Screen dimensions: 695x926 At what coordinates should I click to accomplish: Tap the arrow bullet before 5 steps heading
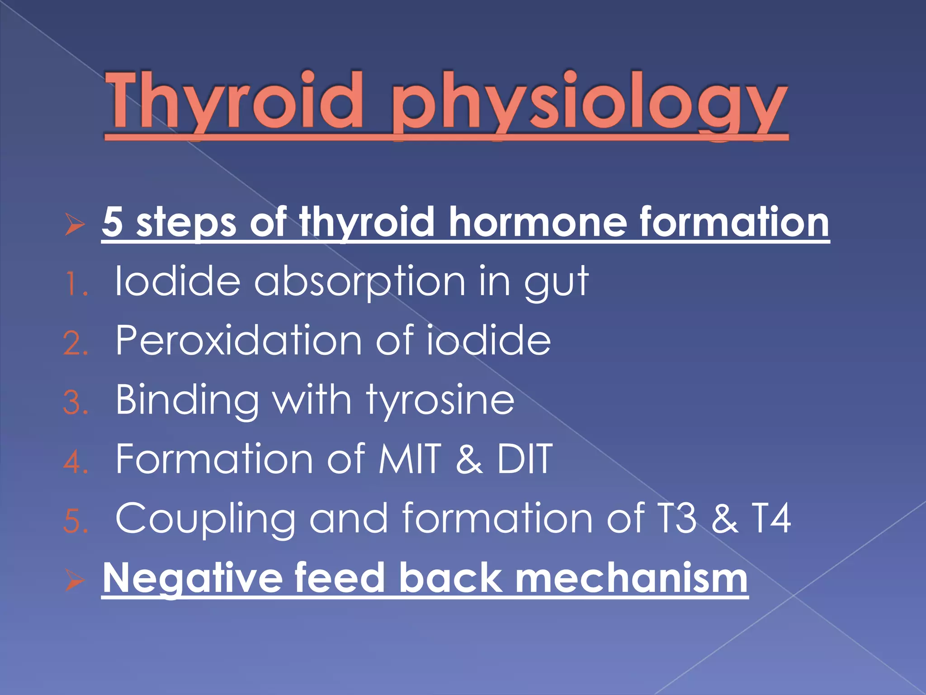[75, 224]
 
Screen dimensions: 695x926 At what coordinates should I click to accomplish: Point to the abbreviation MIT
[410, 459]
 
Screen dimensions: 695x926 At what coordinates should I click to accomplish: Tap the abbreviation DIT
[524, 459]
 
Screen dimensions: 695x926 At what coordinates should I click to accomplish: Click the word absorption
[360, 283]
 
